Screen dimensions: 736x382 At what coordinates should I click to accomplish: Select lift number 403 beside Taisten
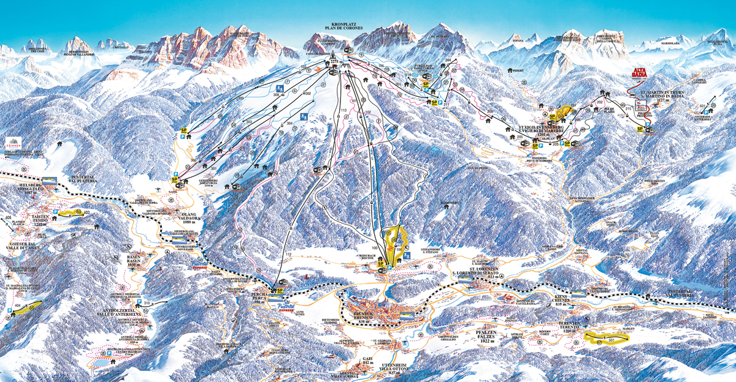click(86, 212)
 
